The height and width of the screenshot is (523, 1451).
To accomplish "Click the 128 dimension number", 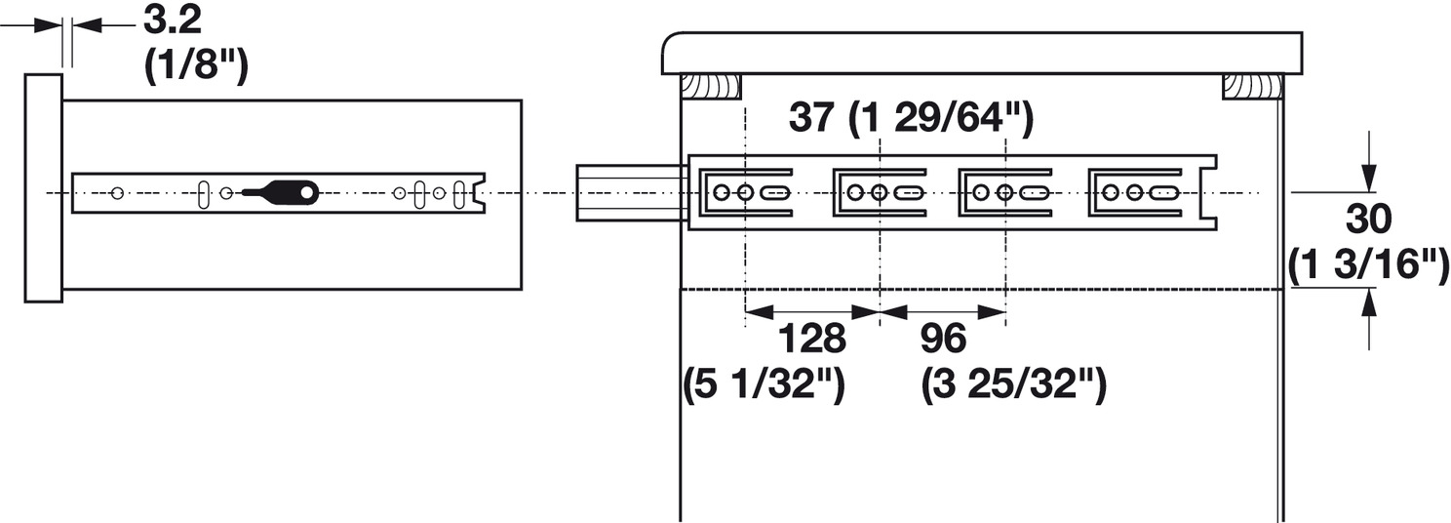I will tap(811, 339).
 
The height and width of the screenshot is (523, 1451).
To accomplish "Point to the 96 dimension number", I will tap(943, 339).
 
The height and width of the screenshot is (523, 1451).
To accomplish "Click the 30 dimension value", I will tap(1368, 221).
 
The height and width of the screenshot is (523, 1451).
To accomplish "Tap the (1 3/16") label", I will tap(1368, 264).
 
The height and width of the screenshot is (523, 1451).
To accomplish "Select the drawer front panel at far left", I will tap(43, 187).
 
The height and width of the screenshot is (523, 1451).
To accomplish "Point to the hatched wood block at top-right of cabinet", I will tap(1251, 87).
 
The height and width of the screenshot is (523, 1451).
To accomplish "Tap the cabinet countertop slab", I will tap(982, 54).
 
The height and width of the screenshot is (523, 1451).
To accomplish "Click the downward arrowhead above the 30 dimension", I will tap(1370, 181).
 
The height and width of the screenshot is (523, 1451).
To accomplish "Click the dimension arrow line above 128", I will tap(811, 312).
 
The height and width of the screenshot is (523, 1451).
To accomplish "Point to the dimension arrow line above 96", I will tap(943, 312).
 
